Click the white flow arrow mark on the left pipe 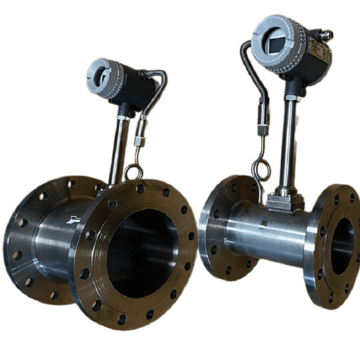73,219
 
